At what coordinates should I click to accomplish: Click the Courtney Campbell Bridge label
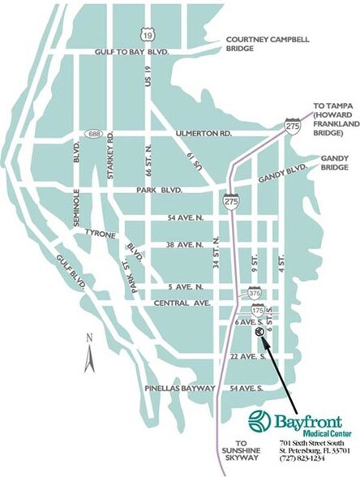[x=268, y=43]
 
